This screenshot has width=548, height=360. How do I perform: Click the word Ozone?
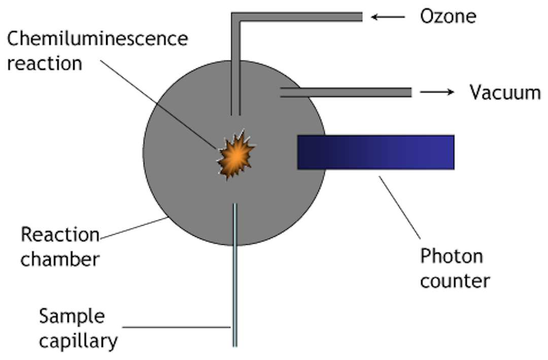point(448,16)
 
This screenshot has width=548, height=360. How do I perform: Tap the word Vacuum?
point(504,92)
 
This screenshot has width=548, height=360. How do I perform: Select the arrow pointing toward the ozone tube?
point(388,17)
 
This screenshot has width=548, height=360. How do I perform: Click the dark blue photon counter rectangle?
point(375,152)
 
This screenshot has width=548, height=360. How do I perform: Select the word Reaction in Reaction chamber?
point(60,235)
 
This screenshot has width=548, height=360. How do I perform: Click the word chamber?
point(60,259)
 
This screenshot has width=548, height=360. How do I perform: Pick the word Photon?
point(451,256)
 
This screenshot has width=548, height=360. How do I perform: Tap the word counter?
point(455,280)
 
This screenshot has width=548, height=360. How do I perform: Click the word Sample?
point(72,316)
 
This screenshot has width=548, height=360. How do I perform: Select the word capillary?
point(78,341)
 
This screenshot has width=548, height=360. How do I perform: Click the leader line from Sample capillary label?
point(178,327)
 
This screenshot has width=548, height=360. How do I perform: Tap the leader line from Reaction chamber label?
point(134,228)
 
